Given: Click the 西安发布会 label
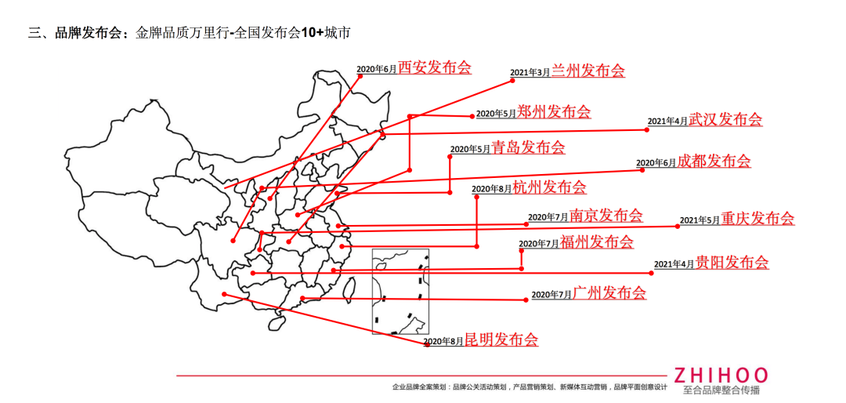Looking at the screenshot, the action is [x=435, y=67].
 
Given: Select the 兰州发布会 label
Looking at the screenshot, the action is [x=588, y=71].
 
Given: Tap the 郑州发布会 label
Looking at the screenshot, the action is [x=554, y=111].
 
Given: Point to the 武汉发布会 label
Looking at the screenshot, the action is [x=725, y=119].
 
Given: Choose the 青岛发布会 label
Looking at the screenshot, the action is [x=528, y=147].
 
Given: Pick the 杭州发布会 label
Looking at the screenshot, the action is [x=549, y=187].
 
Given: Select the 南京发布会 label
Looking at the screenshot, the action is [x=606, y=216].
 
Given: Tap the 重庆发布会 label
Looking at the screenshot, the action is [x=757, y=219].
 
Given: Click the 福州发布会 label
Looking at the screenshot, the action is [x=597, y=242].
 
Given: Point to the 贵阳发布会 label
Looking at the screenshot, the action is [x=732, y=263].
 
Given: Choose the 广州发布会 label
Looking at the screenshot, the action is [x=609, y=293].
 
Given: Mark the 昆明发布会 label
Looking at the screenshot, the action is [x=501, y=340].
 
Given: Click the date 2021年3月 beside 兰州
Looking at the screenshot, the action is [x=530, y=73].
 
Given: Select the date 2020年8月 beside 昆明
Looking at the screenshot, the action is [x=443, y=342].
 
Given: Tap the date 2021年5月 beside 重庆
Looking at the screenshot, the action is [x=700, y=221].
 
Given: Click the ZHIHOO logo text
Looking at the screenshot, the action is [x=721, y=376].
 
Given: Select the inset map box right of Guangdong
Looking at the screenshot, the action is [x=400, y=291].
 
